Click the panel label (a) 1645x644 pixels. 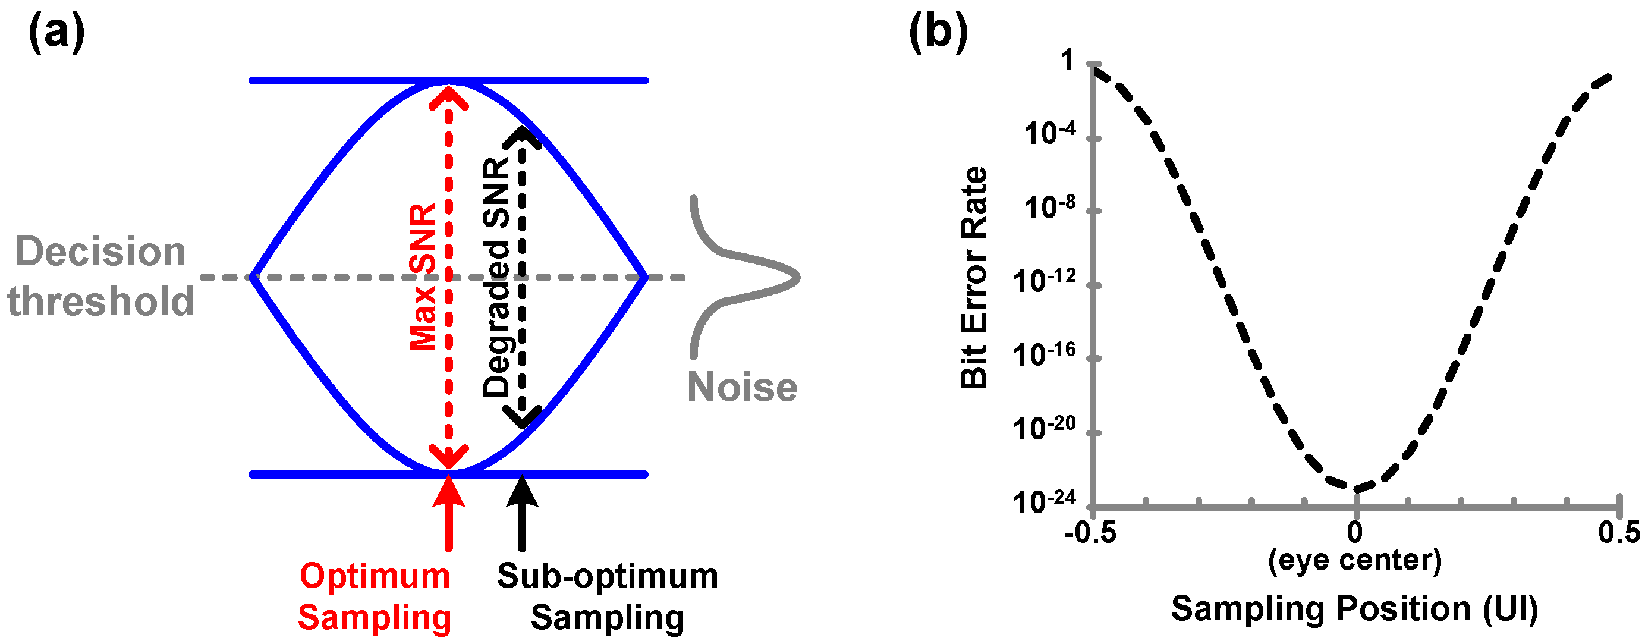(x=56, y=32)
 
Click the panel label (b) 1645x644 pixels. (x=938, y=32)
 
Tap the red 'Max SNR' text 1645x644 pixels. (x=423, y=277)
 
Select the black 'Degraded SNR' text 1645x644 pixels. (x=497, y=277)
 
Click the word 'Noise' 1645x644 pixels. (x=742, y=387)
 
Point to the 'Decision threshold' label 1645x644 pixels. (x=101, y=276)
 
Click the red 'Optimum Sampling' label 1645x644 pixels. (x=375, y=596)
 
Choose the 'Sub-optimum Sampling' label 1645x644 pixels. (x=608, y=596)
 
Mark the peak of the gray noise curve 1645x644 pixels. (x=797, y=277)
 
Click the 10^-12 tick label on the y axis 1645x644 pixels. (x=1045, y=281)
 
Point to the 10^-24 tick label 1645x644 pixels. (x=1045, y=502)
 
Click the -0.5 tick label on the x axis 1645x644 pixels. (x=1091, y=532)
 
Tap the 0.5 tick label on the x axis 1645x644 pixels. (x=1619, y=532)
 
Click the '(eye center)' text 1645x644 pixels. (x=1355, y=560)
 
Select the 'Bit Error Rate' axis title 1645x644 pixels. (x=974, y=277)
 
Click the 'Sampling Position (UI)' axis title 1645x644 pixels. (x=1354, y=608)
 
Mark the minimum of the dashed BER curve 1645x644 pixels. (x=1355, y=489)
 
